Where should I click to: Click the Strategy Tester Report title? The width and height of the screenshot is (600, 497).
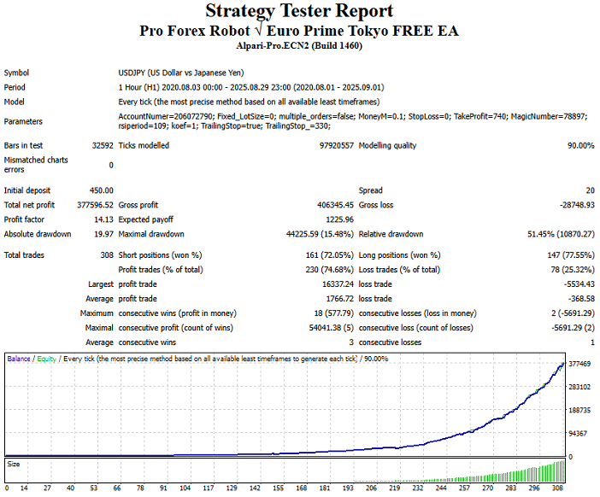(299, 12)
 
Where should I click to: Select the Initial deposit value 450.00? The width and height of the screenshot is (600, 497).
(101, 190)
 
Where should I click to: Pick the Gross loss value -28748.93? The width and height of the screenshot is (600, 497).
(571, 205)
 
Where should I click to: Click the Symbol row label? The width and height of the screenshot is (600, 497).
(16, 73)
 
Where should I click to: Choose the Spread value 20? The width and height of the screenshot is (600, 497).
(590, 190)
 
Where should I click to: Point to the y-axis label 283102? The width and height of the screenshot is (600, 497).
(580, 386)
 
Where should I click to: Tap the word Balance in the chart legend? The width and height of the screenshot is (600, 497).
(19, 360)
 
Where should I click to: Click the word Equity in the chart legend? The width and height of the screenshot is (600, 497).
(46, 360)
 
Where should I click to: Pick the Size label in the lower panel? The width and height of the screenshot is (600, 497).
(14, 465)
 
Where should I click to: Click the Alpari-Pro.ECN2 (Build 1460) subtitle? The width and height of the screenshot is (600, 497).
(299, 46)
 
